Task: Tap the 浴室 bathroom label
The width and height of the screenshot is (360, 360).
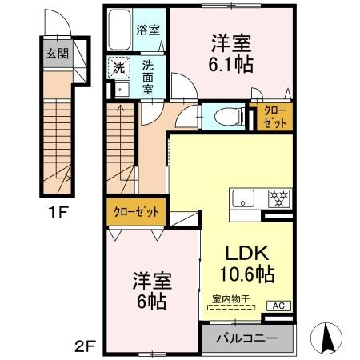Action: point(148,30)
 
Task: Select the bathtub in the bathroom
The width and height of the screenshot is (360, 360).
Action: point(121,31)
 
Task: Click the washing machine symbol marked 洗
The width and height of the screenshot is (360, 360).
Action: point(118,68)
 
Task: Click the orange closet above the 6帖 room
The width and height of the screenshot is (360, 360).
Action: point(134,212)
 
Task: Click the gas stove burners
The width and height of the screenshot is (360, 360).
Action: point(276,198)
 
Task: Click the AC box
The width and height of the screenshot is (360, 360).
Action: point(280,306)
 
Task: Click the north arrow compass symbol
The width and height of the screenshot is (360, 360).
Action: point(328,338)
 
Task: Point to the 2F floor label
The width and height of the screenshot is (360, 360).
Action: point(86,346)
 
